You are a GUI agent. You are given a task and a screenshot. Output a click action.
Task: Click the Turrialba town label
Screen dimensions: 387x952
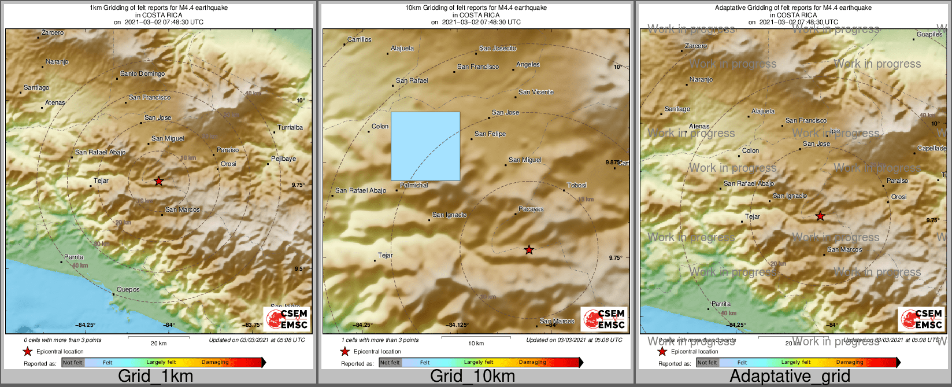tap(290, 127)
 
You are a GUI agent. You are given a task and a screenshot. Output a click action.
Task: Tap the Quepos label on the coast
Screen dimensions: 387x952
tap(128, 289)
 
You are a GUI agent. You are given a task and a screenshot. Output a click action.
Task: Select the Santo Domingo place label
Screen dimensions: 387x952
tap(142, 74)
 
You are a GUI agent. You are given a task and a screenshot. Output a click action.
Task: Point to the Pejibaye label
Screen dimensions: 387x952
tap(283, 159)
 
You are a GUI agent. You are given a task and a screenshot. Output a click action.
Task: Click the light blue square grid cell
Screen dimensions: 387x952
tap(425, 146)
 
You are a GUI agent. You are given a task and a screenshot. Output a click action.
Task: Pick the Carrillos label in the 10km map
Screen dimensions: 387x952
tap(360, 40)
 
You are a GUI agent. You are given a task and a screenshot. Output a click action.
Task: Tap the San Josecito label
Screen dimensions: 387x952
tap(498, 49)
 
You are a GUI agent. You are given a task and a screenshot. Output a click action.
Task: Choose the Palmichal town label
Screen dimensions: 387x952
tap(414, 185)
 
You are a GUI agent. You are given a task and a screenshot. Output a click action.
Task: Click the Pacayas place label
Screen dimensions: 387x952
tap(531, 209)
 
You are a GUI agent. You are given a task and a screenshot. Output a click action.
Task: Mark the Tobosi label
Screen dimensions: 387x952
tap(577, 185)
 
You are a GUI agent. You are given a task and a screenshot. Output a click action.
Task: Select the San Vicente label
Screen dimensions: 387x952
tap(536, 92)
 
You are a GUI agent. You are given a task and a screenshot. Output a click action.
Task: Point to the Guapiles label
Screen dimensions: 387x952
tap(929, 35)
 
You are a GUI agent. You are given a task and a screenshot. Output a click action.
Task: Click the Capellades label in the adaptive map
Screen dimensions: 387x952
tap(932, 149)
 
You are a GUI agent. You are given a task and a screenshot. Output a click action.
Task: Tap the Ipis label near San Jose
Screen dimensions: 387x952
tap(834, 131)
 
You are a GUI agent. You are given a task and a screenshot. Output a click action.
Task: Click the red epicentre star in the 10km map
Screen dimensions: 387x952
tap(529, 250)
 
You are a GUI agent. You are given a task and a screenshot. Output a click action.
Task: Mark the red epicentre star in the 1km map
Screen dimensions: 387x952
tap(159, 182)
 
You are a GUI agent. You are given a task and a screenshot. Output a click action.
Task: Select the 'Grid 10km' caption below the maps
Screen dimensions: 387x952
tap(472, 377)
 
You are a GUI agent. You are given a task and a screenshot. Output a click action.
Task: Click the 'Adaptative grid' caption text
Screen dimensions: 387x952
tap(790, 377)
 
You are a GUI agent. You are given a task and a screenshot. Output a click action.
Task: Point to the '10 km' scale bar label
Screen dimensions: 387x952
tap(476, 344)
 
